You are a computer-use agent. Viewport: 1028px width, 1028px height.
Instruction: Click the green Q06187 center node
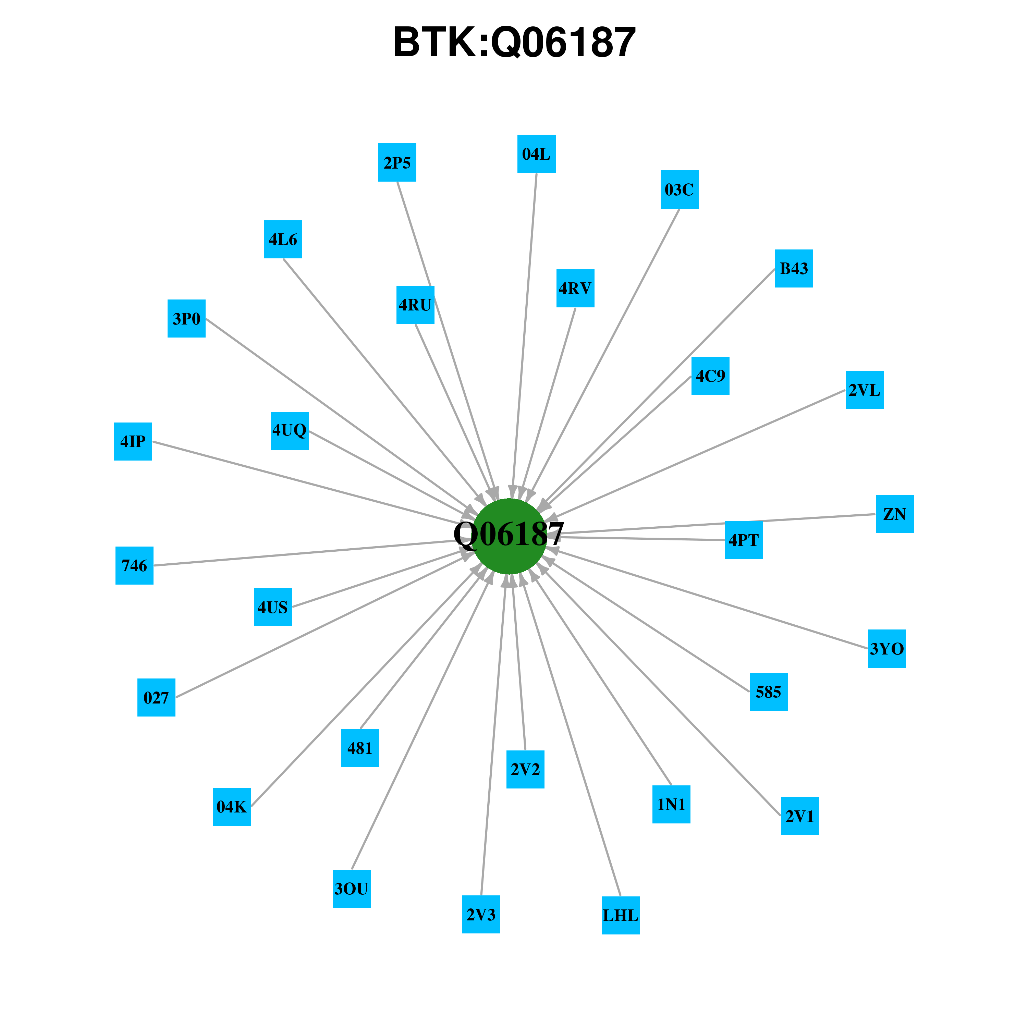point(510,536)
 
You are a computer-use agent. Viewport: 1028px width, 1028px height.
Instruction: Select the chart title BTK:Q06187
point(514,42)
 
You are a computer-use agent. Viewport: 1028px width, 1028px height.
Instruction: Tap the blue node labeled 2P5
point(397,162)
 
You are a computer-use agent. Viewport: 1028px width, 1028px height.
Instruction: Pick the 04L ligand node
point(536,154)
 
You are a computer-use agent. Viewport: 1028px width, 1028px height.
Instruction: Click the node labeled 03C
point(680,189)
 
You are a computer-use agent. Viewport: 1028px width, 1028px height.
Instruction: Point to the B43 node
point(794,268)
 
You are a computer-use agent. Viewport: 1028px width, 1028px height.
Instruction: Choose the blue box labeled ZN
point(894,514)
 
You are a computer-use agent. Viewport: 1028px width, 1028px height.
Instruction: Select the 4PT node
point(744,540)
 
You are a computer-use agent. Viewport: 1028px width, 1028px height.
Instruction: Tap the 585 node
point(768,692)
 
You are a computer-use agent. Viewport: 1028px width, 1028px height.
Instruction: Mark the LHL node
point(621,915)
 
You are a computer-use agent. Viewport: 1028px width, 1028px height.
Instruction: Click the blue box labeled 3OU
point(351,889)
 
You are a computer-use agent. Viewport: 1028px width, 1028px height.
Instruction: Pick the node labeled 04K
point(231,807)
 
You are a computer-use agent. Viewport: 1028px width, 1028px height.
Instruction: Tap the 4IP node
point(133,441)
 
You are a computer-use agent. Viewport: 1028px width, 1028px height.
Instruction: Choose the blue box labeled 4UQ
point(290,430)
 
